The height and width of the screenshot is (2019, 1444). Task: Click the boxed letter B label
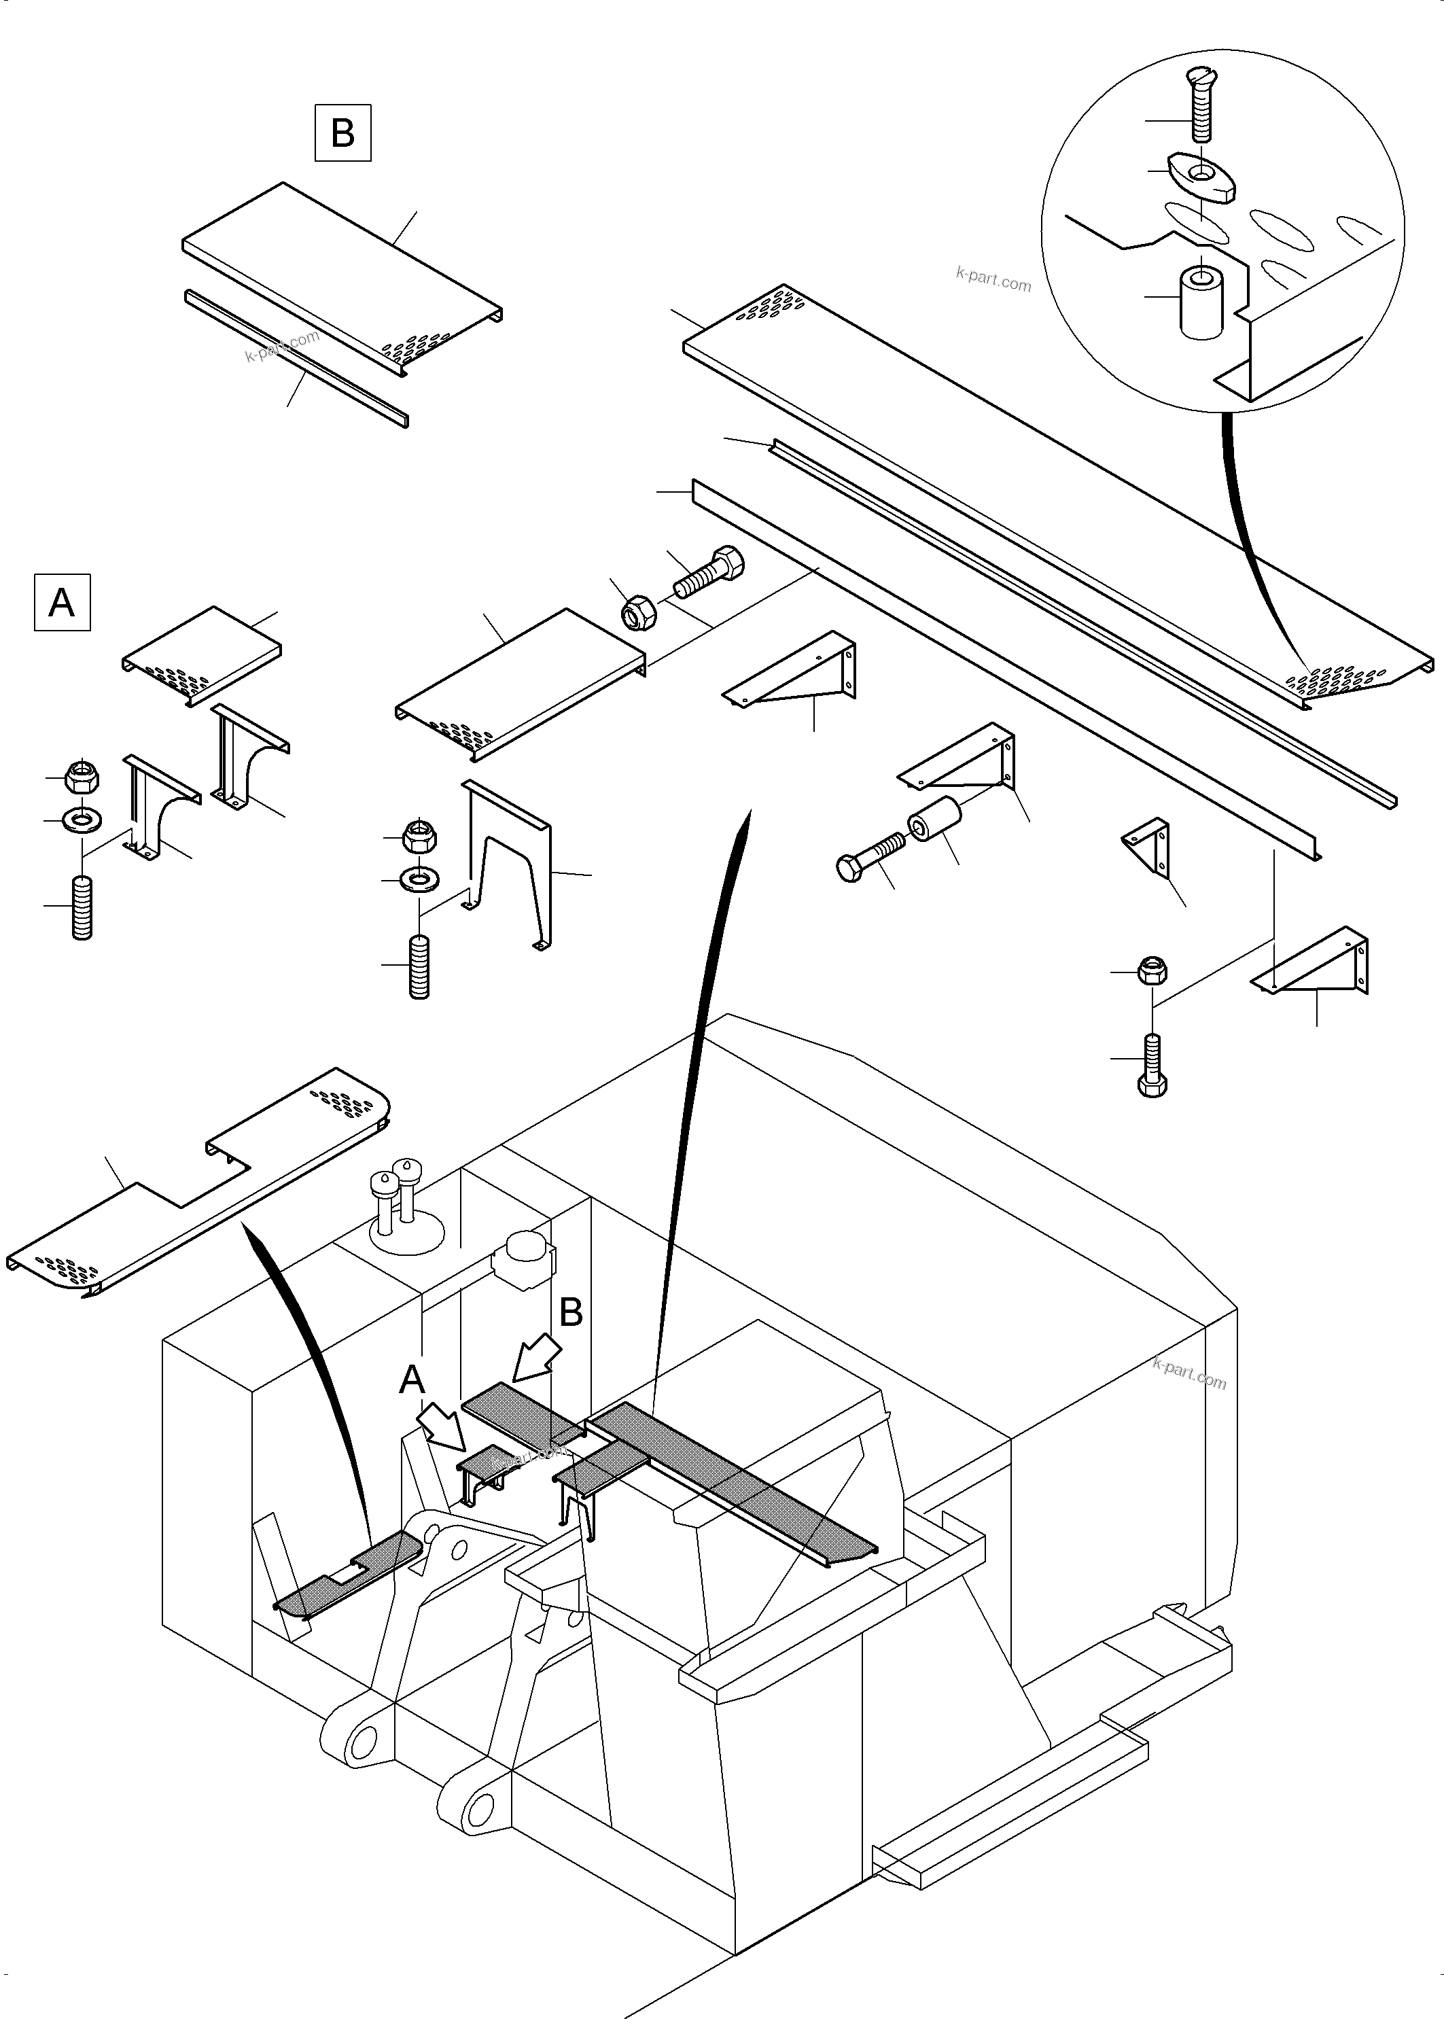[x=342, y=133]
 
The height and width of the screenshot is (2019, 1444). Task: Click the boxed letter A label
[x=61, y=603]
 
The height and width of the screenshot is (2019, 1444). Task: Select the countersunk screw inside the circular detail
[x=1200, y=105]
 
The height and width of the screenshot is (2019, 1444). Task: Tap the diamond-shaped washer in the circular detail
[x=1199, y=173]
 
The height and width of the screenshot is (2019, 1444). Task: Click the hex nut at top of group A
[x=82, y=775]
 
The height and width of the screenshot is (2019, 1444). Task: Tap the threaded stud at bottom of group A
[x=82, y=907]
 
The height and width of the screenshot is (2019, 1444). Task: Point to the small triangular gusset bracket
[x=1148, y=845]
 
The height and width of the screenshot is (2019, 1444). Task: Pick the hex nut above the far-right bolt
[x=1152, y=971]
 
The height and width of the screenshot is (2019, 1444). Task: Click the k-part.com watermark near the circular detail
[x=993, y=280]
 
